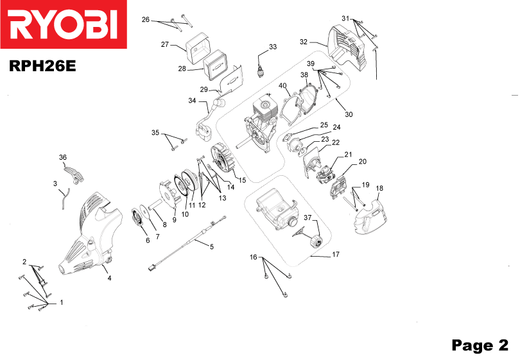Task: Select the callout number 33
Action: (x=273, y=47)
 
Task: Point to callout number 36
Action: (x=63, y=157)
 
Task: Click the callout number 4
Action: (x=109, y=278)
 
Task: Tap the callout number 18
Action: (x=379, y=188)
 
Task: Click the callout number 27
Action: (x=164, y=44)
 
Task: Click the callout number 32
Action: (x=304, y=42)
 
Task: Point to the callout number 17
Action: (x=335, y=255)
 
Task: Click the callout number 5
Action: (x=212, y=246)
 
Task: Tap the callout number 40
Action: (x=282, y=85)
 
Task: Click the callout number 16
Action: (x=254, y=257)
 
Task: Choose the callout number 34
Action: (x=192, y=100)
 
